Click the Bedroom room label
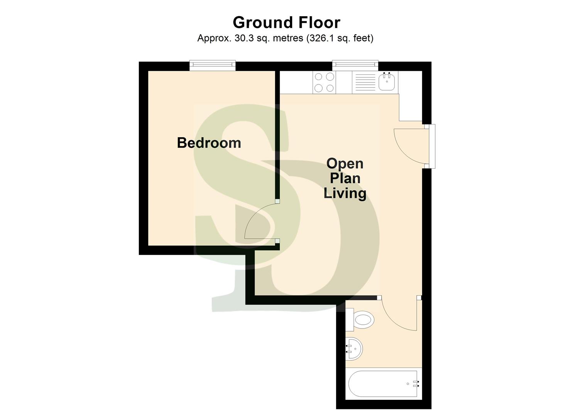pos(209,143)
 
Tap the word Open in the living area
pos(345,164)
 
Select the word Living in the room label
pos(345,193)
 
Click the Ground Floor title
pos(286,22)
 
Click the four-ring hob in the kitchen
pos(324,82)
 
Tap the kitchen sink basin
pos(387,82)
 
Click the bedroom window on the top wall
pos(212,65)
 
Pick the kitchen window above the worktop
pos(355,65)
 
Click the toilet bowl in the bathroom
pos(364,320)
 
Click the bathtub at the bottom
pos(382,384)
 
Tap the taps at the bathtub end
pos(416,384)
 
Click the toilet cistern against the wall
pos(350,320)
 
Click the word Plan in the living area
pos(345,178)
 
